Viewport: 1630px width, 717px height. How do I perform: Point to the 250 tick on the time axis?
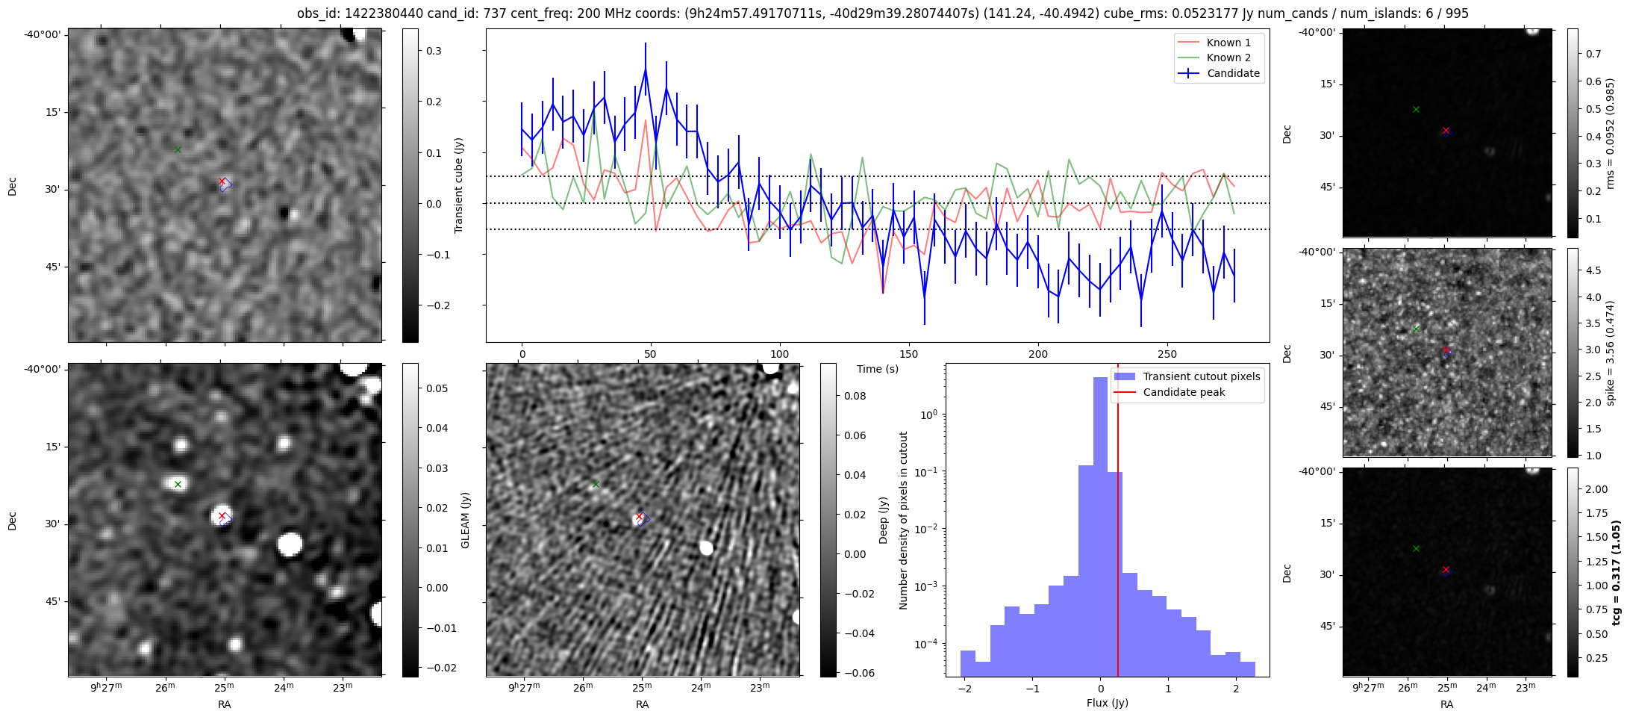tap(1167, 354)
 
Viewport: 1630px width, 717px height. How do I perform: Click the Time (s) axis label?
tap(878, 369)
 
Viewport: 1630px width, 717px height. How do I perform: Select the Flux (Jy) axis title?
tap(1108, 703)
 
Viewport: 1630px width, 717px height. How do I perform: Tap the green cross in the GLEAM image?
tap(178, 484)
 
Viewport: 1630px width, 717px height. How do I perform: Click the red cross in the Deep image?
tap(639, 516)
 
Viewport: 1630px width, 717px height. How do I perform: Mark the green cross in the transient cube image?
tap(178, 149)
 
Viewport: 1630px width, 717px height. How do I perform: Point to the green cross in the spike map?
tap(1416, 329)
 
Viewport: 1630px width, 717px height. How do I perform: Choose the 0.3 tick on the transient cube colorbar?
tap(434, 52)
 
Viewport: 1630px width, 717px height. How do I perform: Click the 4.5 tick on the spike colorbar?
tap(1593, 270)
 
